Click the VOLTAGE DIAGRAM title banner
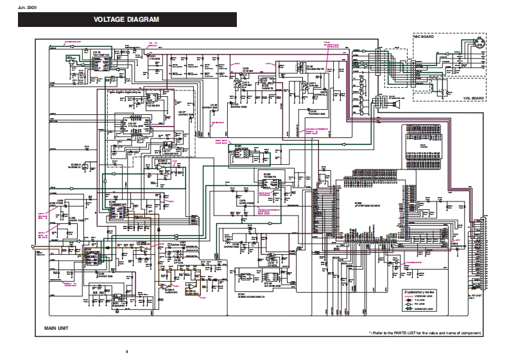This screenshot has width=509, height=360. point(126,20)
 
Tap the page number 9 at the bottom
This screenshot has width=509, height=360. point(127,350)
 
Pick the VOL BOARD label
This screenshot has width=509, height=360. point(472,98)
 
